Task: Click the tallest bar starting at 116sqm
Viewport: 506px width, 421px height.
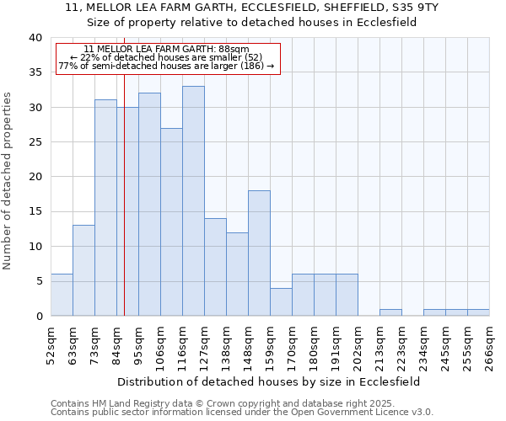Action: pos(193,201)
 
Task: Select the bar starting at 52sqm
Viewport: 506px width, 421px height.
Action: pos(62,295)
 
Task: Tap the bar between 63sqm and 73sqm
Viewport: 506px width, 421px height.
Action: pos(83,270)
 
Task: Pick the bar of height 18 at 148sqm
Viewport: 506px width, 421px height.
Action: pos(259,253)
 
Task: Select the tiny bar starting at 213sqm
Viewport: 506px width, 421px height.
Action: pos(390,312)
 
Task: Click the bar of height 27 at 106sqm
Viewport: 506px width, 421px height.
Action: pos(171,222)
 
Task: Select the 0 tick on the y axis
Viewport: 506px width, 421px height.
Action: pos(38,317)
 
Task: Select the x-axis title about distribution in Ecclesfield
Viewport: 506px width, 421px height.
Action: pos(268,381)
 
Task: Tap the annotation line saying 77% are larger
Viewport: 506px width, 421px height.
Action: pos(166,66)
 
